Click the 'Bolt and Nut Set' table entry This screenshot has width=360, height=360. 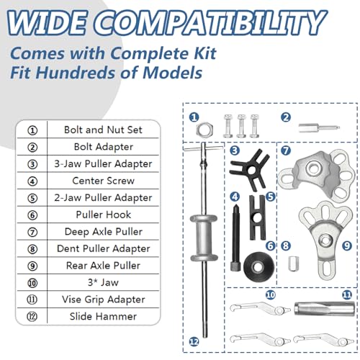click(x=103, y=130)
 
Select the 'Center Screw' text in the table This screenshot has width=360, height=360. click(x=103, y=181)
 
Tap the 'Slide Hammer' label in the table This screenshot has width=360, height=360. click(x=103, y=316)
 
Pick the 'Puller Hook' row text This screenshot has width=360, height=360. click(x=104, y=215)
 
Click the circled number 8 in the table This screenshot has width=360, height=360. click(x=32, y=249)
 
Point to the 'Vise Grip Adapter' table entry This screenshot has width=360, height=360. click(x=104, y=300)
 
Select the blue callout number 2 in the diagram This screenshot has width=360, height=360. click(x=286, y=117)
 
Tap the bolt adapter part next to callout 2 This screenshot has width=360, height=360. click(x=319, y=127)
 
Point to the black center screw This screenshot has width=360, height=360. click(x=235, y=238)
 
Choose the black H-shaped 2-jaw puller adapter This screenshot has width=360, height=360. click(x=258, y=217)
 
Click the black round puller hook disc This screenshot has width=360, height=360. click(x=258, y=268)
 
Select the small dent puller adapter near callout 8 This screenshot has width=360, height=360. click(x=293, y=264)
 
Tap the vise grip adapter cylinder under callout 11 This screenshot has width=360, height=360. click(x=324, y=308)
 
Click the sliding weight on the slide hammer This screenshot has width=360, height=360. click(x=204, y=238)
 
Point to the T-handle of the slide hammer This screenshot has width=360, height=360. click(x=203, y=148)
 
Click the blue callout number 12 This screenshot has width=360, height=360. click(x=194, y=341)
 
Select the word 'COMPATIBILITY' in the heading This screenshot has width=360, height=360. click(x=210, y=24)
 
